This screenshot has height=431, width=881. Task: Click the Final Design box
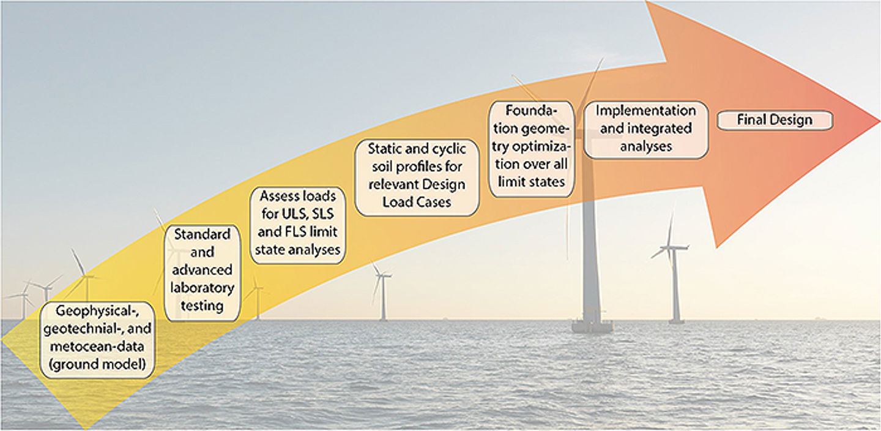775,120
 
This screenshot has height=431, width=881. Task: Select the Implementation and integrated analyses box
646,129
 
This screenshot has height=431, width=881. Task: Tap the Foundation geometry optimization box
532,148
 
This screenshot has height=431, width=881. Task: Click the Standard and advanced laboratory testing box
203,269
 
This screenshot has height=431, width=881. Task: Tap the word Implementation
646,111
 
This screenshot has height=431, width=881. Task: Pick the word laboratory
203,287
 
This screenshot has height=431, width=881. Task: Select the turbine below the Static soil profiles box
382,294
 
